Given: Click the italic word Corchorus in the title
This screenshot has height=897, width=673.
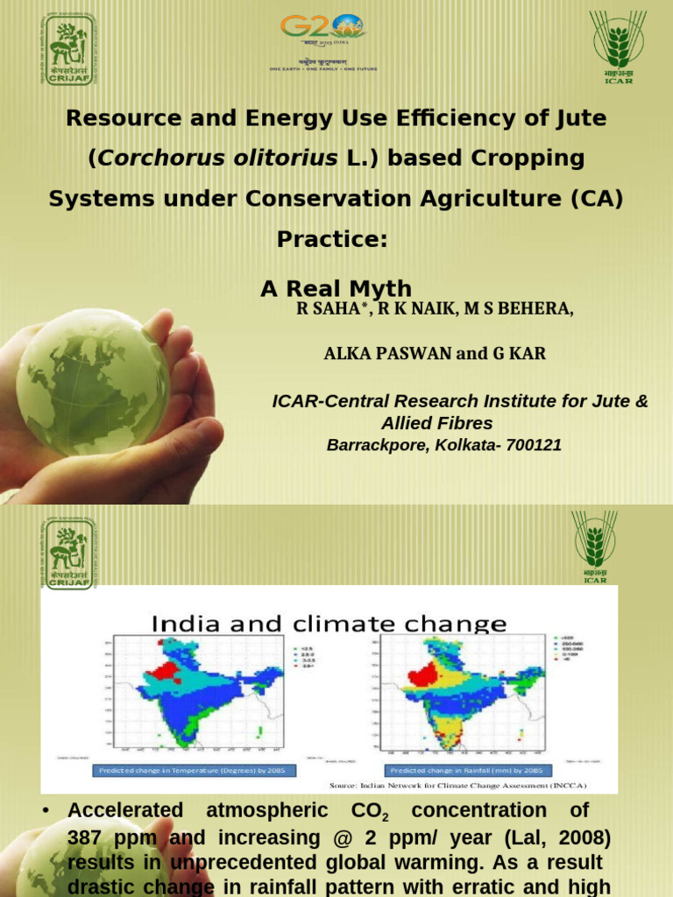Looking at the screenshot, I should (x=154, y=158).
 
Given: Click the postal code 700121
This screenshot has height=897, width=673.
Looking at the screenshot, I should (x=529, y=445).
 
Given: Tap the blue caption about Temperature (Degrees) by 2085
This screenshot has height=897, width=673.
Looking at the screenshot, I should (x=194, y=770).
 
